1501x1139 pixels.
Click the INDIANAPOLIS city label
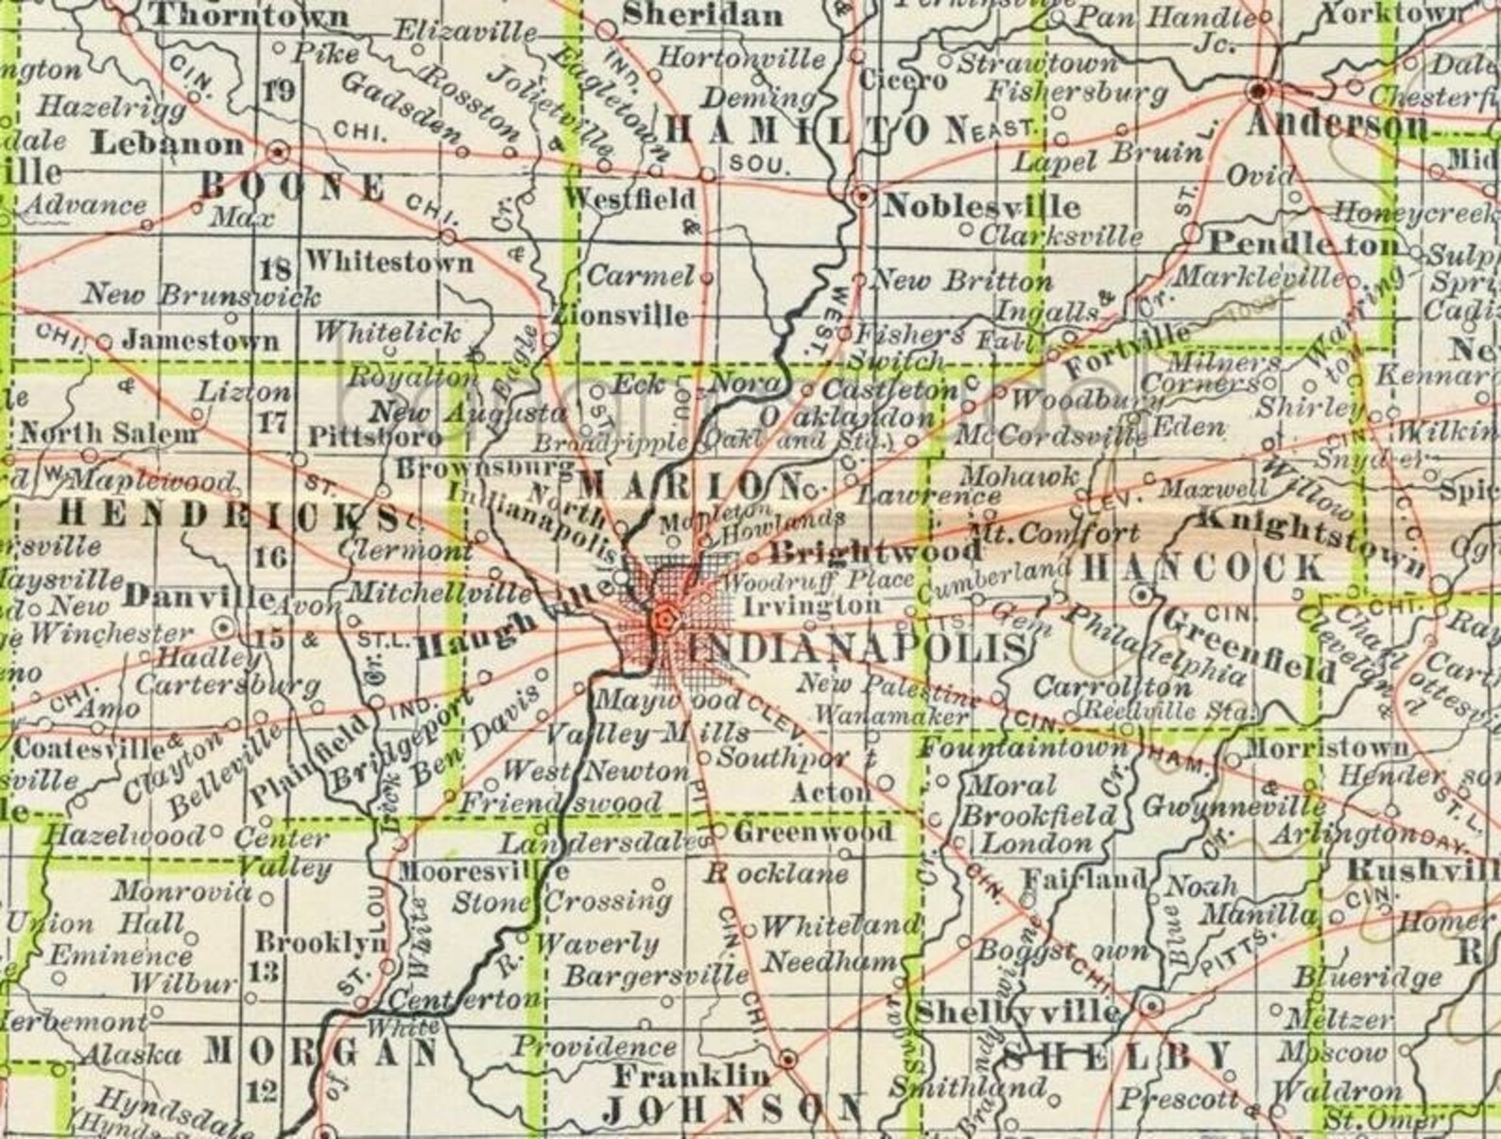point(856,648)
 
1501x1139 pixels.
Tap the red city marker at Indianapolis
point(664,619)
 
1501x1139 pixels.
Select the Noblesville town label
point(979,205)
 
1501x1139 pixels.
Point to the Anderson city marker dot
point(1259,91)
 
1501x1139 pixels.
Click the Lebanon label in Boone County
point(167,145)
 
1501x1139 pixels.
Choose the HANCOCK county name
point(1202,567)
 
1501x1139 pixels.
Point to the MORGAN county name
point(321,1051)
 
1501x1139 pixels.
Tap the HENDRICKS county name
point(228,515)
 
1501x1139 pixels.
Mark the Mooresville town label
point(483,871)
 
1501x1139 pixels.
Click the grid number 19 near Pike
point(281,92)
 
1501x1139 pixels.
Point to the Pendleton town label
point(1304,244)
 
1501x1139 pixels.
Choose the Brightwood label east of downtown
point(875,551)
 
